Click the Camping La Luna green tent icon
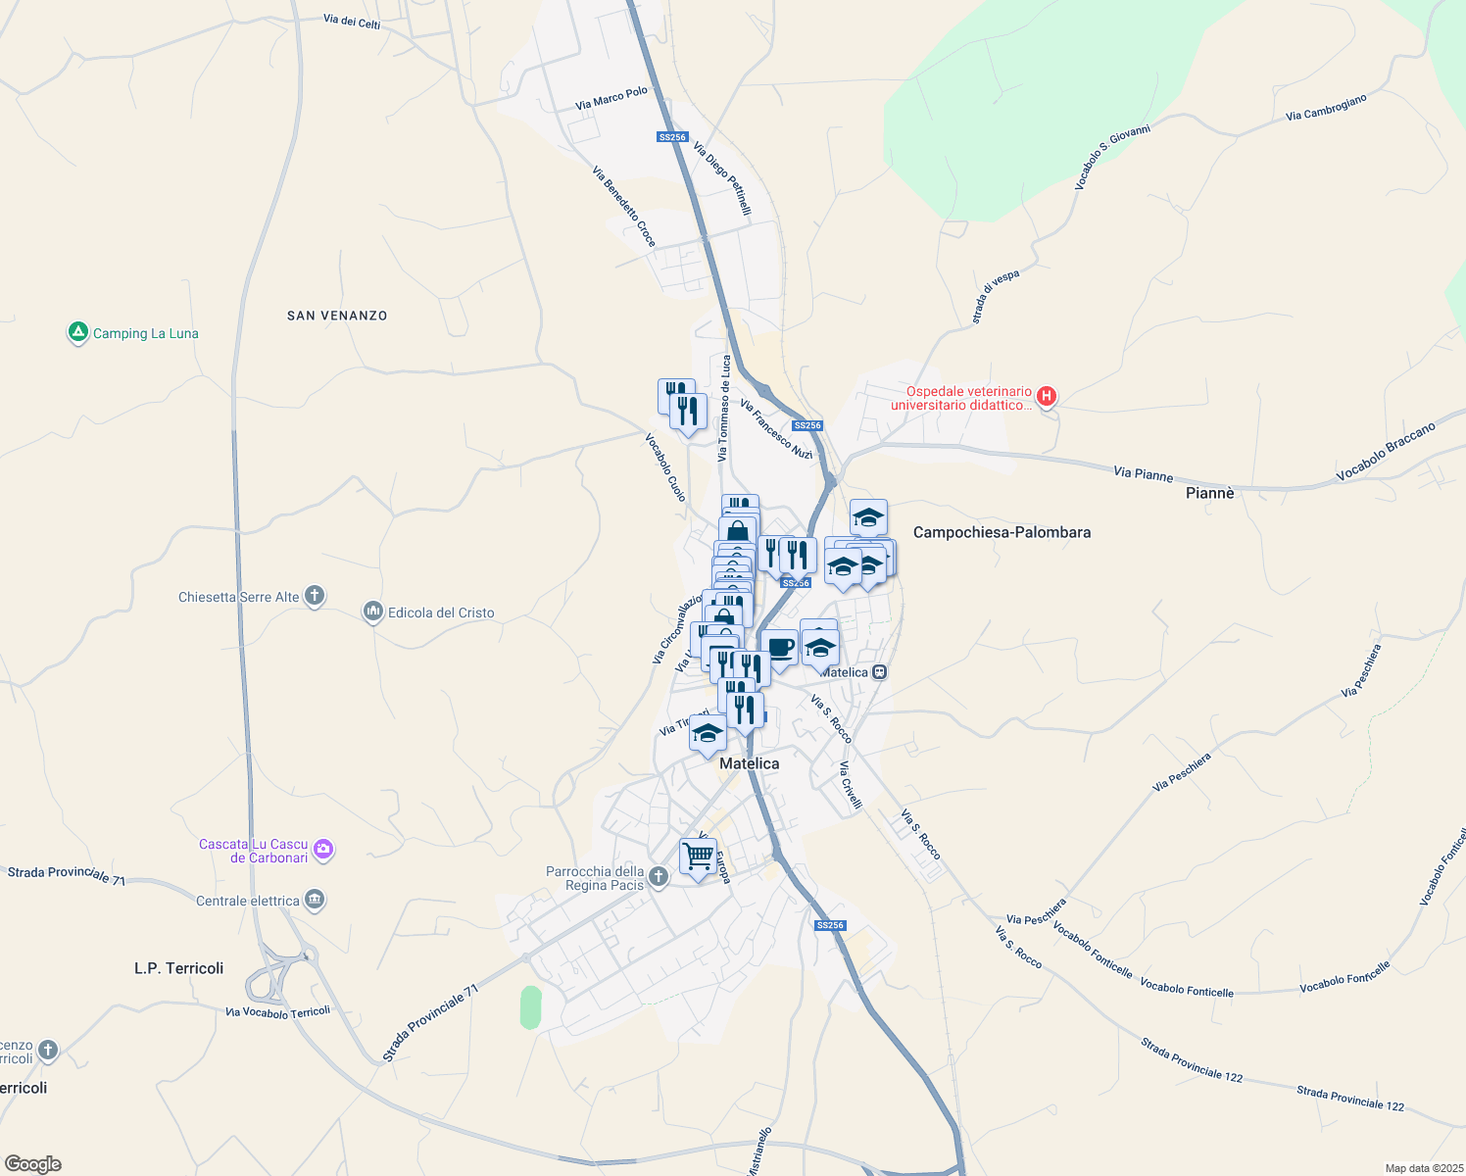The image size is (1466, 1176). (x=78, y=333)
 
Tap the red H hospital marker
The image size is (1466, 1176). (x=1047, y=397)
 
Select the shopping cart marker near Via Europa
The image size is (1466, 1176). (x=698, y=857)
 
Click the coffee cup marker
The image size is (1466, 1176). (x=780, y=648)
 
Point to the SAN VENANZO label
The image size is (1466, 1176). (x=337, y=316)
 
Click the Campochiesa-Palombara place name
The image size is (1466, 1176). (x=1002, y=532)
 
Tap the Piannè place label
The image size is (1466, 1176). (x=1209, y=493)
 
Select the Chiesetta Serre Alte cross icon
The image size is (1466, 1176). (x=315, y=596)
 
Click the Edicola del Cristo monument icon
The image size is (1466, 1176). (x=372, y=612)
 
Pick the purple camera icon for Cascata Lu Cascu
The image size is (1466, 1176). (x=323, y=850)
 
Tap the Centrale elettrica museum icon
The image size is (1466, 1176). (x=315, y=900)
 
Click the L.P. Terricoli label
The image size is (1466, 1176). (x=178, y=968)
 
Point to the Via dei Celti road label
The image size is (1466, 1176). (x=352, y=22)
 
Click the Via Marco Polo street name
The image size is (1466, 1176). (x=611, y=98)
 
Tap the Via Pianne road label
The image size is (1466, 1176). (x=1143, y=474)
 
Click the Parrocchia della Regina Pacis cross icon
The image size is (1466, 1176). (x=659, y=877)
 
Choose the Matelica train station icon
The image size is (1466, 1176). (x=880, y=672)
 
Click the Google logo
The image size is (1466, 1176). (x=33, y=1164)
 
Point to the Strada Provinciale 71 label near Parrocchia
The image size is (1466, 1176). (x=430, y=1023)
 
